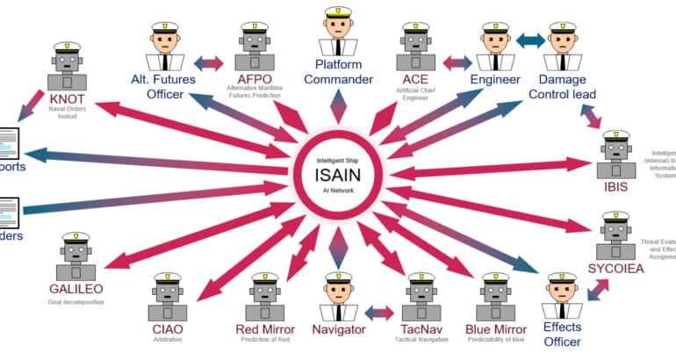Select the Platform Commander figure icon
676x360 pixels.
pos(338,31)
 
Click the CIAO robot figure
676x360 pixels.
pos(167,299)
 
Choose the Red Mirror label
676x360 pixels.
pos(264,329)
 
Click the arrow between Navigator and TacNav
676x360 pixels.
pos(378,312)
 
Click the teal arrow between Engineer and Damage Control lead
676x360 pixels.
pos(530,40)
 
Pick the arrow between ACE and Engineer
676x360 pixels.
pos(457,63)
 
